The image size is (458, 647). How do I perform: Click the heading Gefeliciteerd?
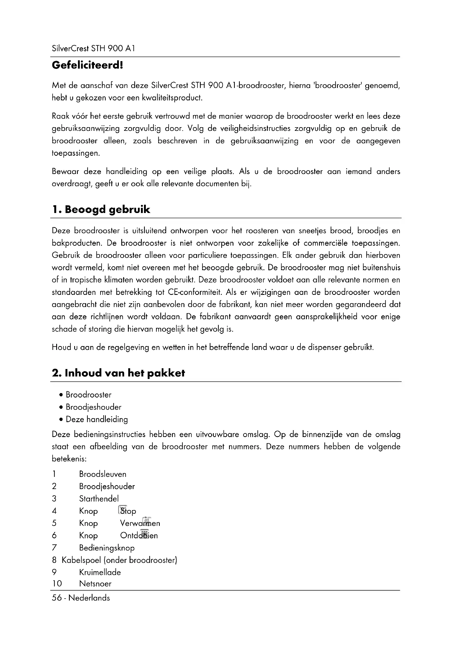[x=88, y=65]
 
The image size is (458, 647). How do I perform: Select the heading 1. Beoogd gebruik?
[x=101, y=209]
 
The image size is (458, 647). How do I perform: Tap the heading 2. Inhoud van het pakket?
[x=118, y=373]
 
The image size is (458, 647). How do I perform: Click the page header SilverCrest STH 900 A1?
[x=93, y=48]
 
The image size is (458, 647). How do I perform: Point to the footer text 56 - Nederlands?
[x=81, y=598]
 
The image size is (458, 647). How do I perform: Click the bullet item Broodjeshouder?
[x=93, y=407]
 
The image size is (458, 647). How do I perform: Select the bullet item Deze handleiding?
[x=97, y=419]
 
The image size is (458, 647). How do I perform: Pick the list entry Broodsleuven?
[x=103, y=474]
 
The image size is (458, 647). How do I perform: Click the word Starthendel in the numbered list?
[x=99, y=498]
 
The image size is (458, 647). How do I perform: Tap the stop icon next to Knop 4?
[x=123, y=510]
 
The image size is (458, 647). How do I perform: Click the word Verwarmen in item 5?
[x=140, y=523]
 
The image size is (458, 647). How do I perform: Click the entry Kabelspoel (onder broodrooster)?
[x=119, y=560]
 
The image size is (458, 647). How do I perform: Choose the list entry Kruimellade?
[x=100, y=572]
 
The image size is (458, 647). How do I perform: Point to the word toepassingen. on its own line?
[x=75, y=153]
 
